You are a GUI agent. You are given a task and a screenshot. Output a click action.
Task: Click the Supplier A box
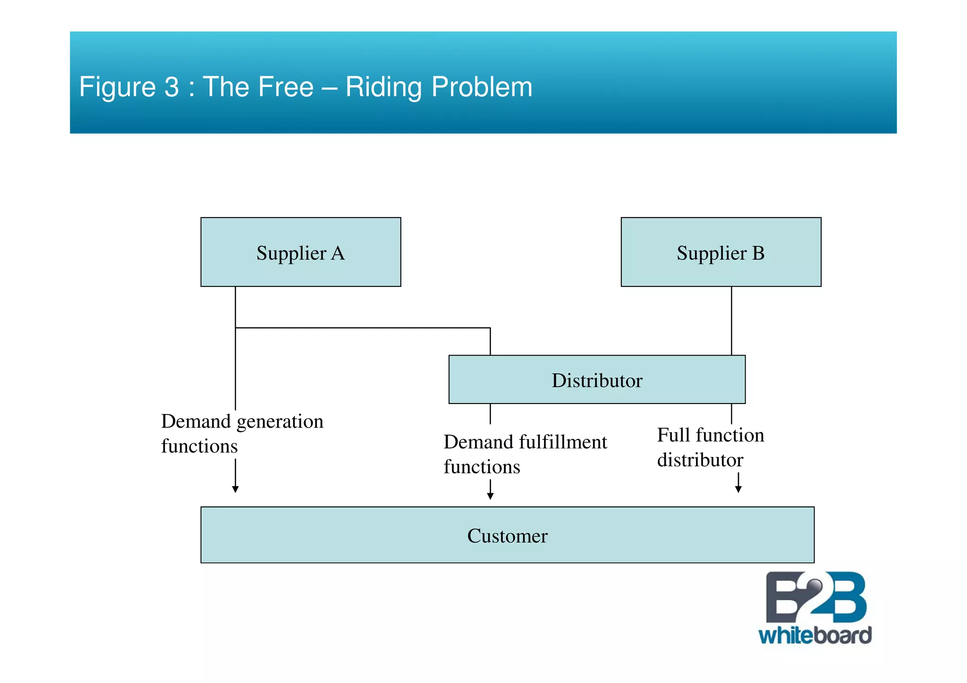pos(300,252)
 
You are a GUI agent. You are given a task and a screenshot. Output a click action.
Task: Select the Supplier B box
pos(721,252)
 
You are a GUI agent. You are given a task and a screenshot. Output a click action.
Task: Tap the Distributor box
pos(596,379)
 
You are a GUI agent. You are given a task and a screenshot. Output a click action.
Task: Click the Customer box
pos(507,535)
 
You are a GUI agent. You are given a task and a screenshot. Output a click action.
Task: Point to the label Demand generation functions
pos(242,433)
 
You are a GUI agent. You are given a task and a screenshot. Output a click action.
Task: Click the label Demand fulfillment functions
pos(525,454)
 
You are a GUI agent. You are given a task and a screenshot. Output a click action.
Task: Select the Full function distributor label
pos(710,447)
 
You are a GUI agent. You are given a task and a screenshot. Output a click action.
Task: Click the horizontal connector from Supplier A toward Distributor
pos(363,328)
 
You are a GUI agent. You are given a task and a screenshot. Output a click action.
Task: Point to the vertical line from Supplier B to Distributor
pos(731,321)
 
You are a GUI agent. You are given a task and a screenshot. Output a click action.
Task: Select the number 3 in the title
pos(172,87)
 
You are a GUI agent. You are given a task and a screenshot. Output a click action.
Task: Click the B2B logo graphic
pos(815,598)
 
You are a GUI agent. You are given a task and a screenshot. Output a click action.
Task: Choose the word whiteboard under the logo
pos(815,636)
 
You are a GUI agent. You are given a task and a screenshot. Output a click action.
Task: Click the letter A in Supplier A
pos(338,253)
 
